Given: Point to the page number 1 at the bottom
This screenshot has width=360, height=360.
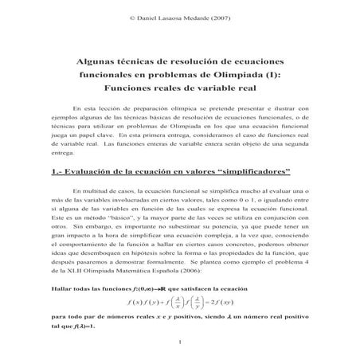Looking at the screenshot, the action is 181,344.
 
